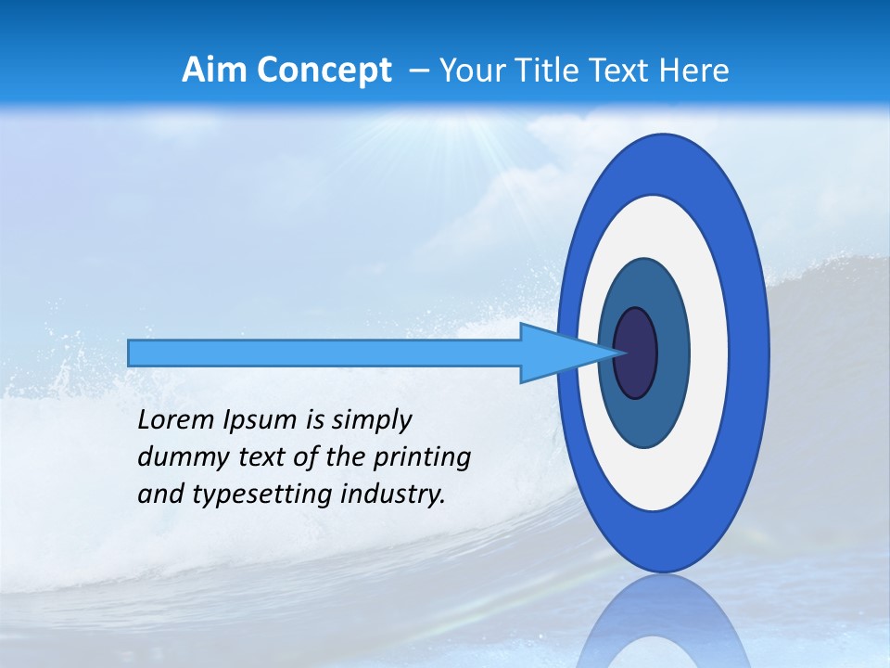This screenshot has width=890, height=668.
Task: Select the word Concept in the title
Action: pyautogui.click(x=324, y=71)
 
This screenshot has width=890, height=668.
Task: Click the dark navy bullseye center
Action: pyautogui.click(x=635, y=353)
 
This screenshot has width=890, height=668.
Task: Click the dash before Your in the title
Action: pyautogui.click(x=419, y=71)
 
